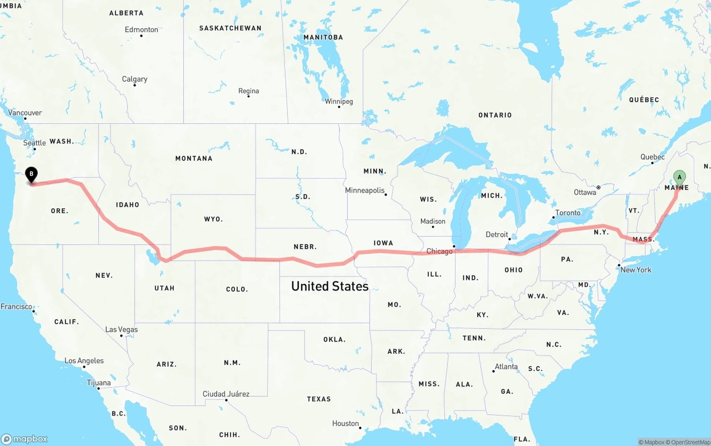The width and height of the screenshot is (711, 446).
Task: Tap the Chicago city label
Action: click(x=439, y=252)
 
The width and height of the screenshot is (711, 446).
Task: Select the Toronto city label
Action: click(x=568, y=213)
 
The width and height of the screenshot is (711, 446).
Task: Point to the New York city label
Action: click(x=635, y=270)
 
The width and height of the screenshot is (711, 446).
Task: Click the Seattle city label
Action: click(x=34, y=143)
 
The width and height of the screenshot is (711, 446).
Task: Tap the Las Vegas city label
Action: click(x=122, y=330)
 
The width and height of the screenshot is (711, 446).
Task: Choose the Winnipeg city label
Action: click(x=339, y=102)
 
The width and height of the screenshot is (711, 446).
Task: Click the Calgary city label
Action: click(x=135, y=79)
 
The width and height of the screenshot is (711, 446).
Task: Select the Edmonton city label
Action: click(x=142, y=30)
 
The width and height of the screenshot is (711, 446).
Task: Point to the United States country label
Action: click(x=329, y=287)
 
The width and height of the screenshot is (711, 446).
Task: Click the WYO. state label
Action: click(x=213, y=219)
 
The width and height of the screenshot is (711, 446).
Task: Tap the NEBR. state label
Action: click(x=305, y=247)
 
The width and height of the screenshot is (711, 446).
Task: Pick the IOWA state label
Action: click(x=383, y=243)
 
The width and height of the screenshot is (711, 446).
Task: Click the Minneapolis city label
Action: click(x=365, y=191)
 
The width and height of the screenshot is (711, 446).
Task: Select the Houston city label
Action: click(x=346, y=424)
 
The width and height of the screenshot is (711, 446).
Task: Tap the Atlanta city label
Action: click(x=506, y=367)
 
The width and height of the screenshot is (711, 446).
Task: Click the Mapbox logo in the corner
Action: click(x=24, y=439)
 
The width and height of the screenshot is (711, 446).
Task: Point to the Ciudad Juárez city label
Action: click(x=226, y=394)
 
